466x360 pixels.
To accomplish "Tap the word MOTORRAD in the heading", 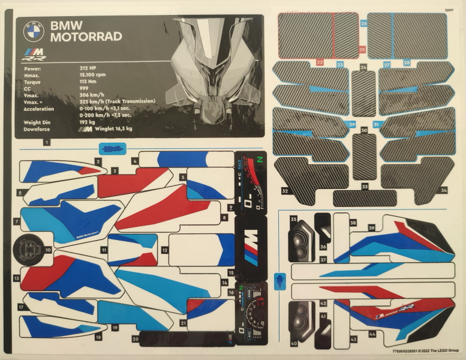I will [x=86, y=37].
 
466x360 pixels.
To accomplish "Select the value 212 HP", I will [x=89, y=68].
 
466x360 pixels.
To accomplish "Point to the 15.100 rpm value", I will [x=93, y=75].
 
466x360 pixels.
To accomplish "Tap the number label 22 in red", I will [x=320, y=61].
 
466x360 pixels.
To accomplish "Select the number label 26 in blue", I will [x=363, y=23].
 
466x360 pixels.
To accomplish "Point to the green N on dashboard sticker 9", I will [x=260, y=160].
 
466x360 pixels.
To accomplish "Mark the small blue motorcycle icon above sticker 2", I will [x=110, y=147].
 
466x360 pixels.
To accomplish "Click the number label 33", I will [x=365, y=187].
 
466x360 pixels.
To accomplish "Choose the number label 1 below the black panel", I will [x=46, y=142].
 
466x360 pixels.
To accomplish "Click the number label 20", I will [x=136, y=339].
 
